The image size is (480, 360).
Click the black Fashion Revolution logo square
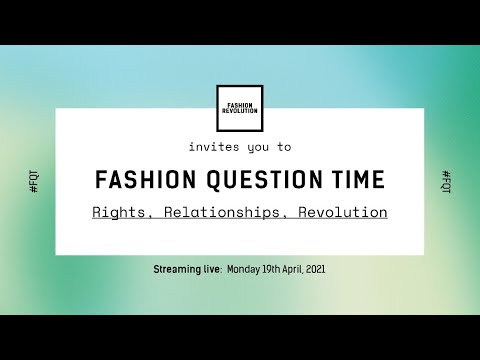pyautogui.click(x=240, y=108)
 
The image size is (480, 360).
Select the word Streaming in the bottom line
pyautogui.click(x=179, y=270)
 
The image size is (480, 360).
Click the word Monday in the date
pyautogui.click(x=244, y=270)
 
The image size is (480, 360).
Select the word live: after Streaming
pyautogui.click(x=213, y=270)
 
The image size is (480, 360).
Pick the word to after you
pyautogui.click(x=285, y=146)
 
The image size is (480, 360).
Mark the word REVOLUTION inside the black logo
pyautogui.click(x=240, y=111)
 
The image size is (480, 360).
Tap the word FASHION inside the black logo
pyautogui.click(x=240, y=104)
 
